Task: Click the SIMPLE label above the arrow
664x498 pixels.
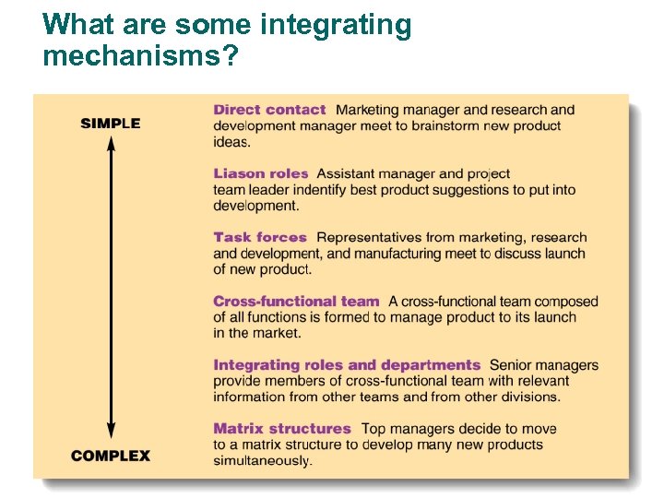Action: pos(111,124)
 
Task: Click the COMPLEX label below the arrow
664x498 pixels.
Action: pos(111,456)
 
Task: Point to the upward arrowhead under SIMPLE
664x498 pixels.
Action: pos(111,143)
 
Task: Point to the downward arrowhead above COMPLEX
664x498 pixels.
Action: pos(111,432)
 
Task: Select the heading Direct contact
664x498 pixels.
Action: pos(269,110)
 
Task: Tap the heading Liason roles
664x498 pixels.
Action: pos(261,173)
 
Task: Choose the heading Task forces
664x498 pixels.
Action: pos(260,237)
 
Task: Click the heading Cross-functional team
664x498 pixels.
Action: pos(296,301)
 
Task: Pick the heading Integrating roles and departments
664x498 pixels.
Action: pos(347,365)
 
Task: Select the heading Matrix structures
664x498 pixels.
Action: pos(282,429)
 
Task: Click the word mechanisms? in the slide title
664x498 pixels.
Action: pos(140,57)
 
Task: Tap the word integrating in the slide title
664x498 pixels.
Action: pos(336,25)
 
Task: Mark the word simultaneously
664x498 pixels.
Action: pos(263,460)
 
